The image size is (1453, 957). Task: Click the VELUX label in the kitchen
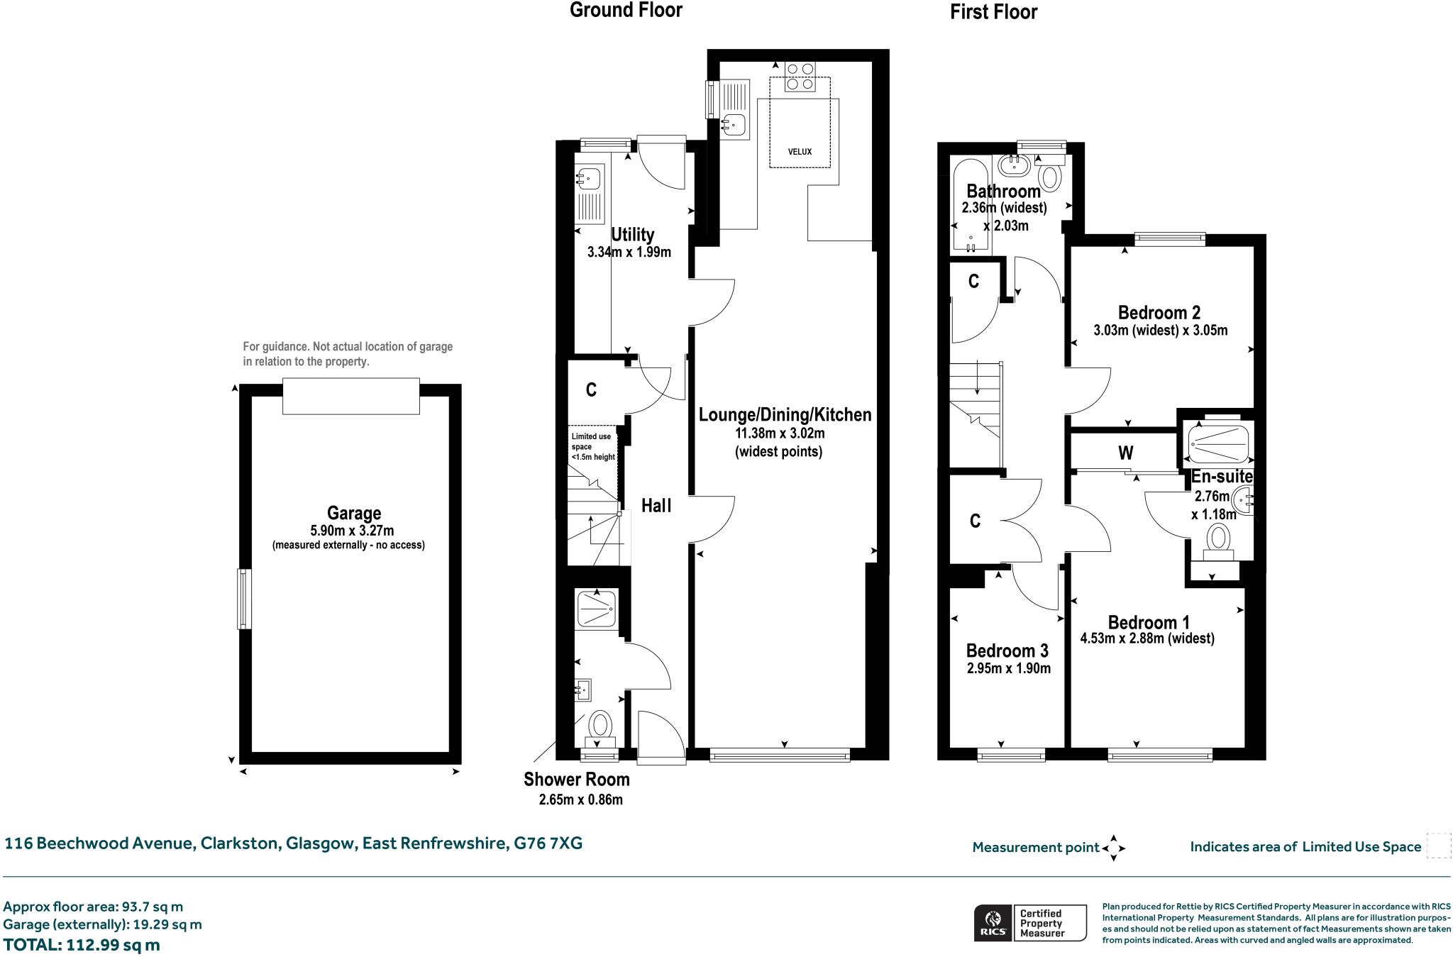coord(800,152)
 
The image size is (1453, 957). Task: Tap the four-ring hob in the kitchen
coord(800,77)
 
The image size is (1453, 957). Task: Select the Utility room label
coord(632,235)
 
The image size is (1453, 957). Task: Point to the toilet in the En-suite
coord(1220,540)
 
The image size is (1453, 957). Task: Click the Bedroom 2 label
coord(1159,313)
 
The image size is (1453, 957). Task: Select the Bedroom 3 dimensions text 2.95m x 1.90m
coord(1008,668)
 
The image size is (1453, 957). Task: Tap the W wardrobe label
coord(1125,453)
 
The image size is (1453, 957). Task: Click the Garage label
coord(353,513)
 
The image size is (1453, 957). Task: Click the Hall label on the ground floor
coord(656,506)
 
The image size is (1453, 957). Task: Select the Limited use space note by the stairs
coord(593,447)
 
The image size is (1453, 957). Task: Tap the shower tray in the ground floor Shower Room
coord(595,608)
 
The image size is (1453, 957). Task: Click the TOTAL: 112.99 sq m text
coord(82,945)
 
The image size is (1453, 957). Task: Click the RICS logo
coord(993,923)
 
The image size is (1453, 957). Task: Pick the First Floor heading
coord(993,12)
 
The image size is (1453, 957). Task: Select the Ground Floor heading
coord(626,10)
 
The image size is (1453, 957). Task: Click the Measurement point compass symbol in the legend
coord(1113,848)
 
